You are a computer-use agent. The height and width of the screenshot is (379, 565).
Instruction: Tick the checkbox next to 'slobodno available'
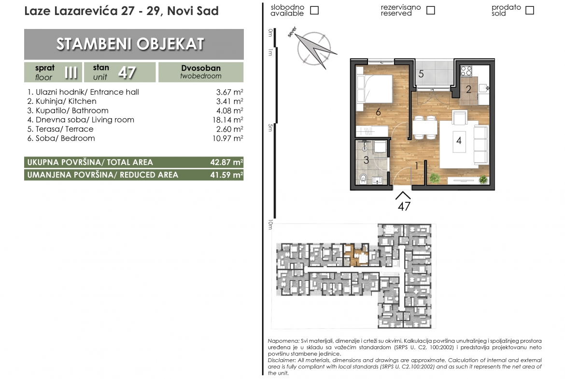314,10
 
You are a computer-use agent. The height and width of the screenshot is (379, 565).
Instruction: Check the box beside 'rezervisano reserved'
430,10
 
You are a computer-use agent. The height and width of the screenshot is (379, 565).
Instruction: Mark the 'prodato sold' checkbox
529,10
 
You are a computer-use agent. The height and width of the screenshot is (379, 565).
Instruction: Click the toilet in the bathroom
363,178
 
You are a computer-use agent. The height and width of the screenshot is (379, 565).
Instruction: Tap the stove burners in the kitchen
466,70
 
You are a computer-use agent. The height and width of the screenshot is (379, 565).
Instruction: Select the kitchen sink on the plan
483,87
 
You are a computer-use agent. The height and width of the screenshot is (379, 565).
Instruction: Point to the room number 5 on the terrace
421,74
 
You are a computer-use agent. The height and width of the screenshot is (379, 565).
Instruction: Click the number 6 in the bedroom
378,112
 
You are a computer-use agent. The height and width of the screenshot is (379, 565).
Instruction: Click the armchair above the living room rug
459,118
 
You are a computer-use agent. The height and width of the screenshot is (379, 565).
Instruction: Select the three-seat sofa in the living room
481,144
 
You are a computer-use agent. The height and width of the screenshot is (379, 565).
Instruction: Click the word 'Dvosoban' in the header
201,68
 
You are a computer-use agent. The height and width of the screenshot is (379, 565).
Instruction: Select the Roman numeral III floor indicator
71,72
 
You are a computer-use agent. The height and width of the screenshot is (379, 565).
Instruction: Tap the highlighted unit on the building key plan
355,255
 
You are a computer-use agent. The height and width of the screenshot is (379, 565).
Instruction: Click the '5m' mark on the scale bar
270,127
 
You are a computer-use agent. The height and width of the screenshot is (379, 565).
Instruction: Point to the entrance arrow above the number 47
403,195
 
